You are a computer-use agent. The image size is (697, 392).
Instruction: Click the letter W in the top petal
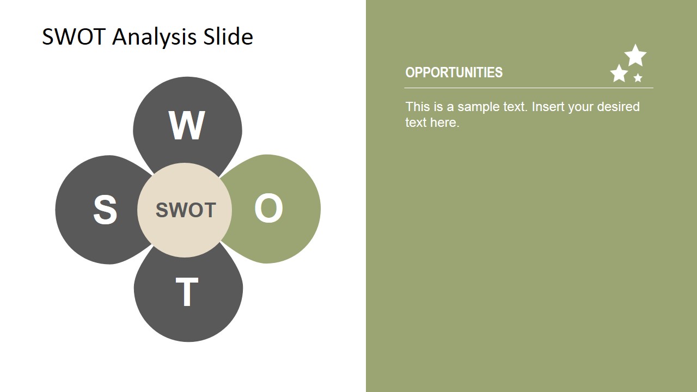187,125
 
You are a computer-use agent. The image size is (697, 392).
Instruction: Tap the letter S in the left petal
105,210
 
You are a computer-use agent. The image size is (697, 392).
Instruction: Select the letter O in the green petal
268,208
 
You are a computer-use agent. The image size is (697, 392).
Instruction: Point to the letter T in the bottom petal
187,292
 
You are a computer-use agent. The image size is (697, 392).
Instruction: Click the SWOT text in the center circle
186,210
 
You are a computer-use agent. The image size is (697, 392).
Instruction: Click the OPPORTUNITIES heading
454,72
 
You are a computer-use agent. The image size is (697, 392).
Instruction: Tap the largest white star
635,56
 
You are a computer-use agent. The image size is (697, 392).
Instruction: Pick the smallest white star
638,77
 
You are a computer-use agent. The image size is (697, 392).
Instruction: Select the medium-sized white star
619,73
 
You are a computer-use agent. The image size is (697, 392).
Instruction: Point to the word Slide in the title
228,36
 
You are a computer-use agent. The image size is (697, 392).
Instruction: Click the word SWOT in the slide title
74,36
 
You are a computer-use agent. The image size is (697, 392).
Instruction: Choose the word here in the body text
445,122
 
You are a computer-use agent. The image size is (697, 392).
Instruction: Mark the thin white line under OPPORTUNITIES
529,88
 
